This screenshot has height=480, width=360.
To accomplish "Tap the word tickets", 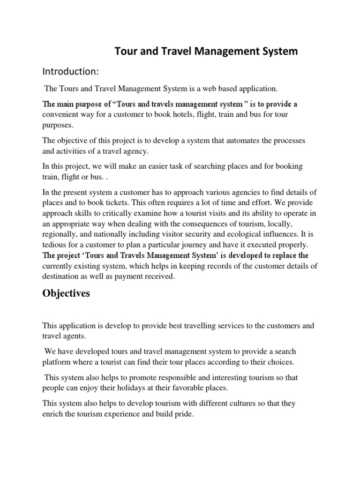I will [x=119, y=202].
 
